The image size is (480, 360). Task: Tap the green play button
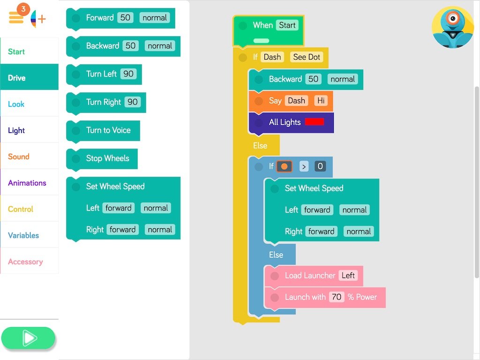point(28,338)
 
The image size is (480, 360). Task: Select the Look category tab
point(16,104)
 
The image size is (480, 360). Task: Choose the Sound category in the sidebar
point(19,157)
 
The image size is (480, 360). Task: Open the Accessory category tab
point(25,262)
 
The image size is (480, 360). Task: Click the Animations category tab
point(27,183)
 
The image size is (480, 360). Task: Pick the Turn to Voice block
point(108,130)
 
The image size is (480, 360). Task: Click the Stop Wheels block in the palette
point(107,158)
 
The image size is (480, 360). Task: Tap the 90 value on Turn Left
point(128,74)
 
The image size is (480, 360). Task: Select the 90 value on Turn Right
point(133,102)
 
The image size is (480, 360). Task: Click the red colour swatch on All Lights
point(315,122)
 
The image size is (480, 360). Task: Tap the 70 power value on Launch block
point(336,297)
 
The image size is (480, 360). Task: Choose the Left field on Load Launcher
point(348,275)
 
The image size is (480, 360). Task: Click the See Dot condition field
point(307,57)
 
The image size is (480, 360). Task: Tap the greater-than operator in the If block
point(304,166)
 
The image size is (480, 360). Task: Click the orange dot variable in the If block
point(284,166)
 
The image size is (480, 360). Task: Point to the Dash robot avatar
point(453,27)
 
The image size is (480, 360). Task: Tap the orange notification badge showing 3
point(23,9)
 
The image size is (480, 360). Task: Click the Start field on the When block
point(287,25)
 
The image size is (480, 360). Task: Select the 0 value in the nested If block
point(320,166)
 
